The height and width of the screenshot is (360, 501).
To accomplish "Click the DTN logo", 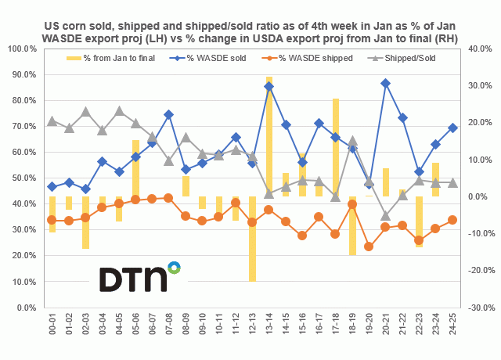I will pos(139,278).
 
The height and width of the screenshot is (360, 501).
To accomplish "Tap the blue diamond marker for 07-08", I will pos(168,114).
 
